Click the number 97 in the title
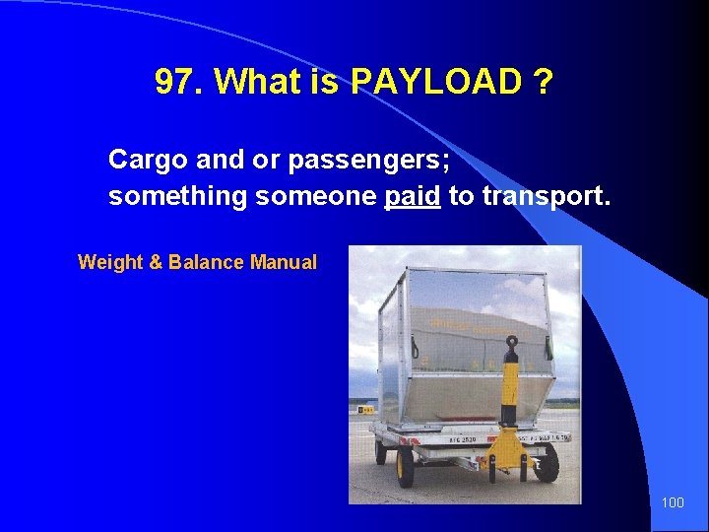coord(175,83)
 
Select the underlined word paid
coord(412,196)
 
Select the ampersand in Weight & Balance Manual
coord(156,262)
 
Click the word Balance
coord(207,262)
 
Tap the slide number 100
coord(673,503)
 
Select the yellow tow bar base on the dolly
coord(508,447)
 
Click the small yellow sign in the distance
coord(365,409)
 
